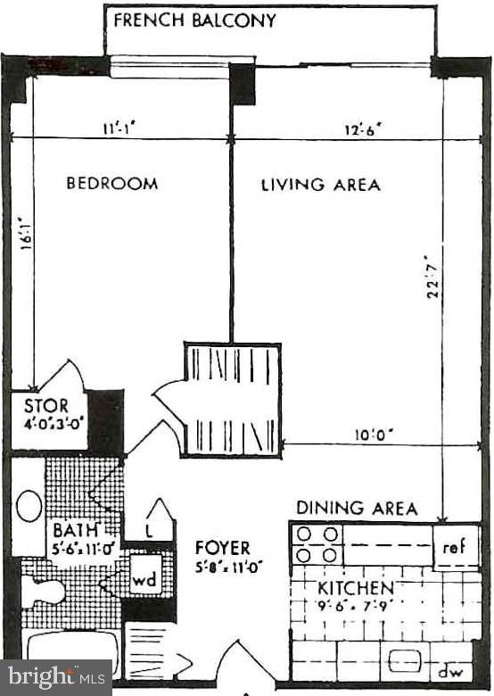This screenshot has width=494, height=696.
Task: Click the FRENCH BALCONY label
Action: coord(194,21)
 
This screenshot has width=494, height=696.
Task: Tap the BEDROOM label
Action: coord(112,184)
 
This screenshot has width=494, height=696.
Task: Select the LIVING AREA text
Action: coord(320,185)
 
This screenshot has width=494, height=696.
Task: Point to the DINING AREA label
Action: coord(357,509)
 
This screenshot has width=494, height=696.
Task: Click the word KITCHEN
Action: coord(356,588)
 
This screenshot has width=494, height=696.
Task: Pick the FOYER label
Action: coord(223,548)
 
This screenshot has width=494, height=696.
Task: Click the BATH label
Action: coord(70,527)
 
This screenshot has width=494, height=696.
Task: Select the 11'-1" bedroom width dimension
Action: coord(119,128)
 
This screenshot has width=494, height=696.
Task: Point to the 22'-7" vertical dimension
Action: coord(433,277)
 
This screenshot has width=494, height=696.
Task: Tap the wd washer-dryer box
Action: coord(144,579)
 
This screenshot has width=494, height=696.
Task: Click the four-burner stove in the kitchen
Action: coord(317,544)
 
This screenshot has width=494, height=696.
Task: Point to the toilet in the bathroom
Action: coord(43,592)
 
